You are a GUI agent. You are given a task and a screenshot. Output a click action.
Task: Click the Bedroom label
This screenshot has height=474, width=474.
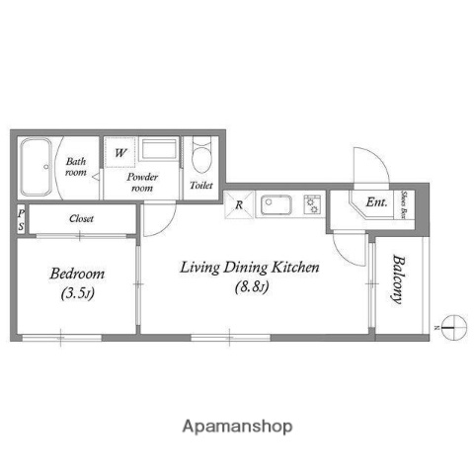click(78, 274)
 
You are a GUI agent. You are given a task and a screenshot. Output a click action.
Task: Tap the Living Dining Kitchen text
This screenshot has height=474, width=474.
click(248, 267)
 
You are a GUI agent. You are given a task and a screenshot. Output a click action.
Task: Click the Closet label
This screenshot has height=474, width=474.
click(82, 218)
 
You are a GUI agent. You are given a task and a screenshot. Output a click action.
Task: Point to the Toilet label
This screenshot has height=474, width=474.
click(201, 185)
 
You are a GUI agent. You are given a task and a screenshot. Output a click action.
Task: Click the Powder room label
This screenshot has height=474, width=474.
click(143, 181)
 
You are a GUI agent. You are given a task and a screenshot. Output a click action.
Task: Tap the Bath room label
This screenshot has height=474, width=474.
click(76, 166)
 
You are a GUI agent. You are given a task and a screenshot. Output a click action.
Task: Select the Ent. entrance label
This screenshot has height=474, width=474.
click(376, 203)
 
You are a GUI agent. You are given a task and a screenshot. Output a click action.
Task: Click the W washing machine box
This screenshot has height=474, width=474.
click(119, 153)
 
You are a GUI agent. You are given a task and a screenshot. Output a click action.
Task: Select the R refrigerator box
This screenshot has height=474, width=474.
click(240, 204)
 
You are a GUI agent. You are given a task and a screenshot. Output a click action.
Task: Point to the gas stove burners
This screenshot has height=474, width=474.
click(313, 205)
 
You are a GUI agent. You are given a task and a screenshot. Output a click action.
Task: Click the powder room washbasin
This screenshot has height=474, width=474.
click(158, 151)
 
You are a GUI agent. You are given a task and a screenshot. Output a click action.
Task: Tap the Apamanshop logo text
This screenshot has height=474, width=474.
click(236, 427)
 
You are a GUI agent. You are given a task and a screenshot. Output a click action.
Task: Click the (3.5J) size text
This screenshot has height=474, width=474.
click(78, 294)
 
